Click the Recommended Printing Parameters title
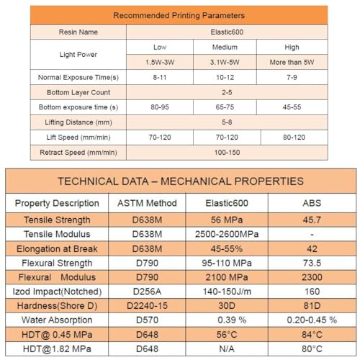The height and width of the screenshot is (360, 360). tap(179, 16)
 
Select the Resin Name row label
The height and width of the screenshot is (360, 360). tap(78, 32)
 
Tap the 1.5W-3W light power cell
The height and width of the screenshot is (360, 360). tap(160, 62)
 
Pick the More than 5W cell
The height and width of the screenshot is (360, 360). tap(292, 62)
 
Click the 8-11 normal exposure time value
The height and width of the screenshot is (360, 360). tap(160, 77)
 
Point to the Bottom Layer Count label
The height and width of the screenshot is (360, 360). tap(78, 92)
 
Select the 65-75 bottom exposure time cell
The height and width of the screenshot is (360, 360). tap(225, 107)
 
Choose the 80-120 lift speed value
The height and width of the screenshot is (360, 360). tap(294, 138)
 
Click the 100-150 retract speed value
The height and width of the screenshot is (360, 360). tap(227, 153)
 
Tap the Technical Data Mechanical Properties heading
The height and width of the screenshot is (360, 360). tap(181, 181)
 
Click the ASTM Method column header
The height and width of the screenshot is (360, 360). tap(147, 203)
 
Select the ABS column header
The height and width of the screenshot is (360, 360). tap(312, 203)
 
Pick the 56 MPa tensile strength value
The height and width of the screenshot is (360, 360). tap(227, 220)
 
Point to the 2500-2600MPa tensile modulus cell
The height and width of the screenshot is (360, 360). tap(227, 234)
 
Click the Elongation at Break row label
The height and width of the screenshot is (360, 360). tap(57, 249)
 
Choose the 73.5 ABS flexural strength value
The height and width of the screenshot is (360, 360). tap(312, 263)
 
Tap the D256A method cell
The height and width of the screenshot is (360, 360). tap(147, 292)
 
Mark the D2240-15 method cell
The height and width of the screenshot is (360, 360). tap(147, 306)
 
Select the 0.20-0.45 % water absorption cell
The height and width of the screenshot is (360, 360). tap(312, 320)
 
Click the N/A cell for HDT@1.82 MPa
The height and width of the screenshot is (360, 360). tap(227, 349)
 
